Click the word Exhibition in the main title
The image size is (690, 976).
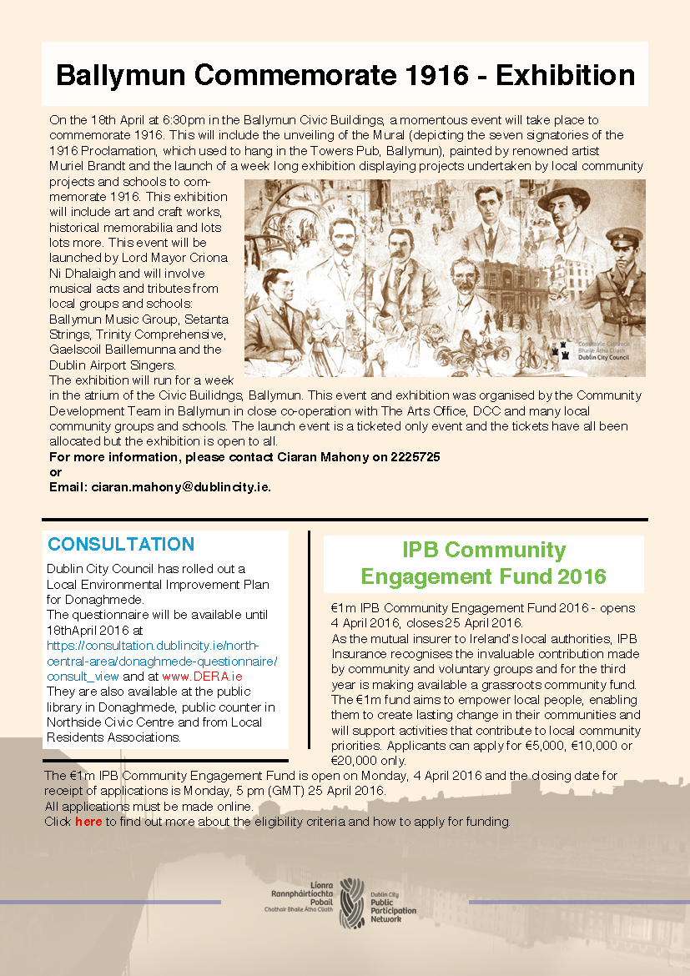(x=565, y=75)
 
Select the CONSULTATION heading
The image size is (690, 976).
(x=120, y=544)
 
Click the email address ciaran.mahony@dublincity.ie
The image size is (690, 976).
(x=180, y=486)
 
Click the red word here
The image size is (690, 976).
(x=88, y=822)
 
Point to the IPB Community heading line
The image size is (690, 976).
(x=484, y=551)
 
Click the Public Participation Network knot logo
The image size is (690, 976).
(x=352, y=900)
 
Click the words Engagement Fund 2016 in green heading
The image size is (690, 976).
(x=484, y=576)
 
